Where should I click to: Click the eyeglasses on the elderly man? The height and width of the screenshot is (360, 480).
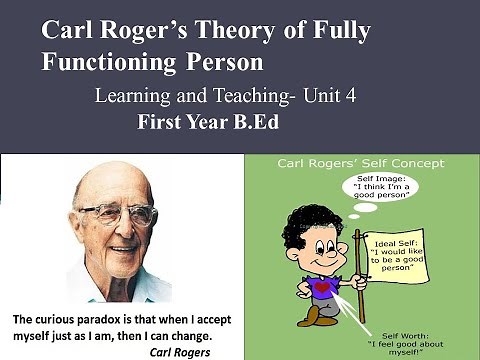[118, 213]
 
